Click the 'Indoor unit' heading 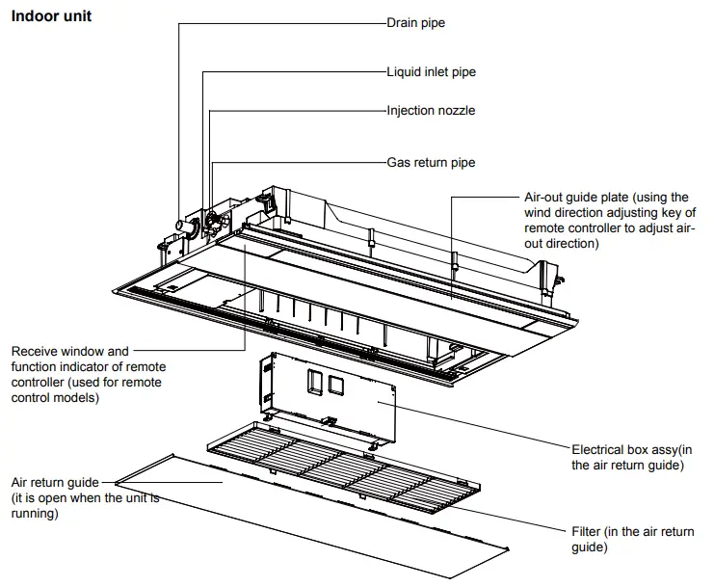51,16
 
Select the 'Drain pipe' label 415,22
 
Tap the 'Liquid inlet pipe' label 431,72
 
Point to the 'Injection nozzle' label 431,111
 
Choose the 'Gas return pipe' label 431,163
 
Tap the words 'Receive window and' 69,352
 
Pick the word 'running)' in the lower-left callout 35,515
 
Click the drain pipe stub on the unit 180,227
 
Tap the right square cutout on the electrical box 335,386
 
